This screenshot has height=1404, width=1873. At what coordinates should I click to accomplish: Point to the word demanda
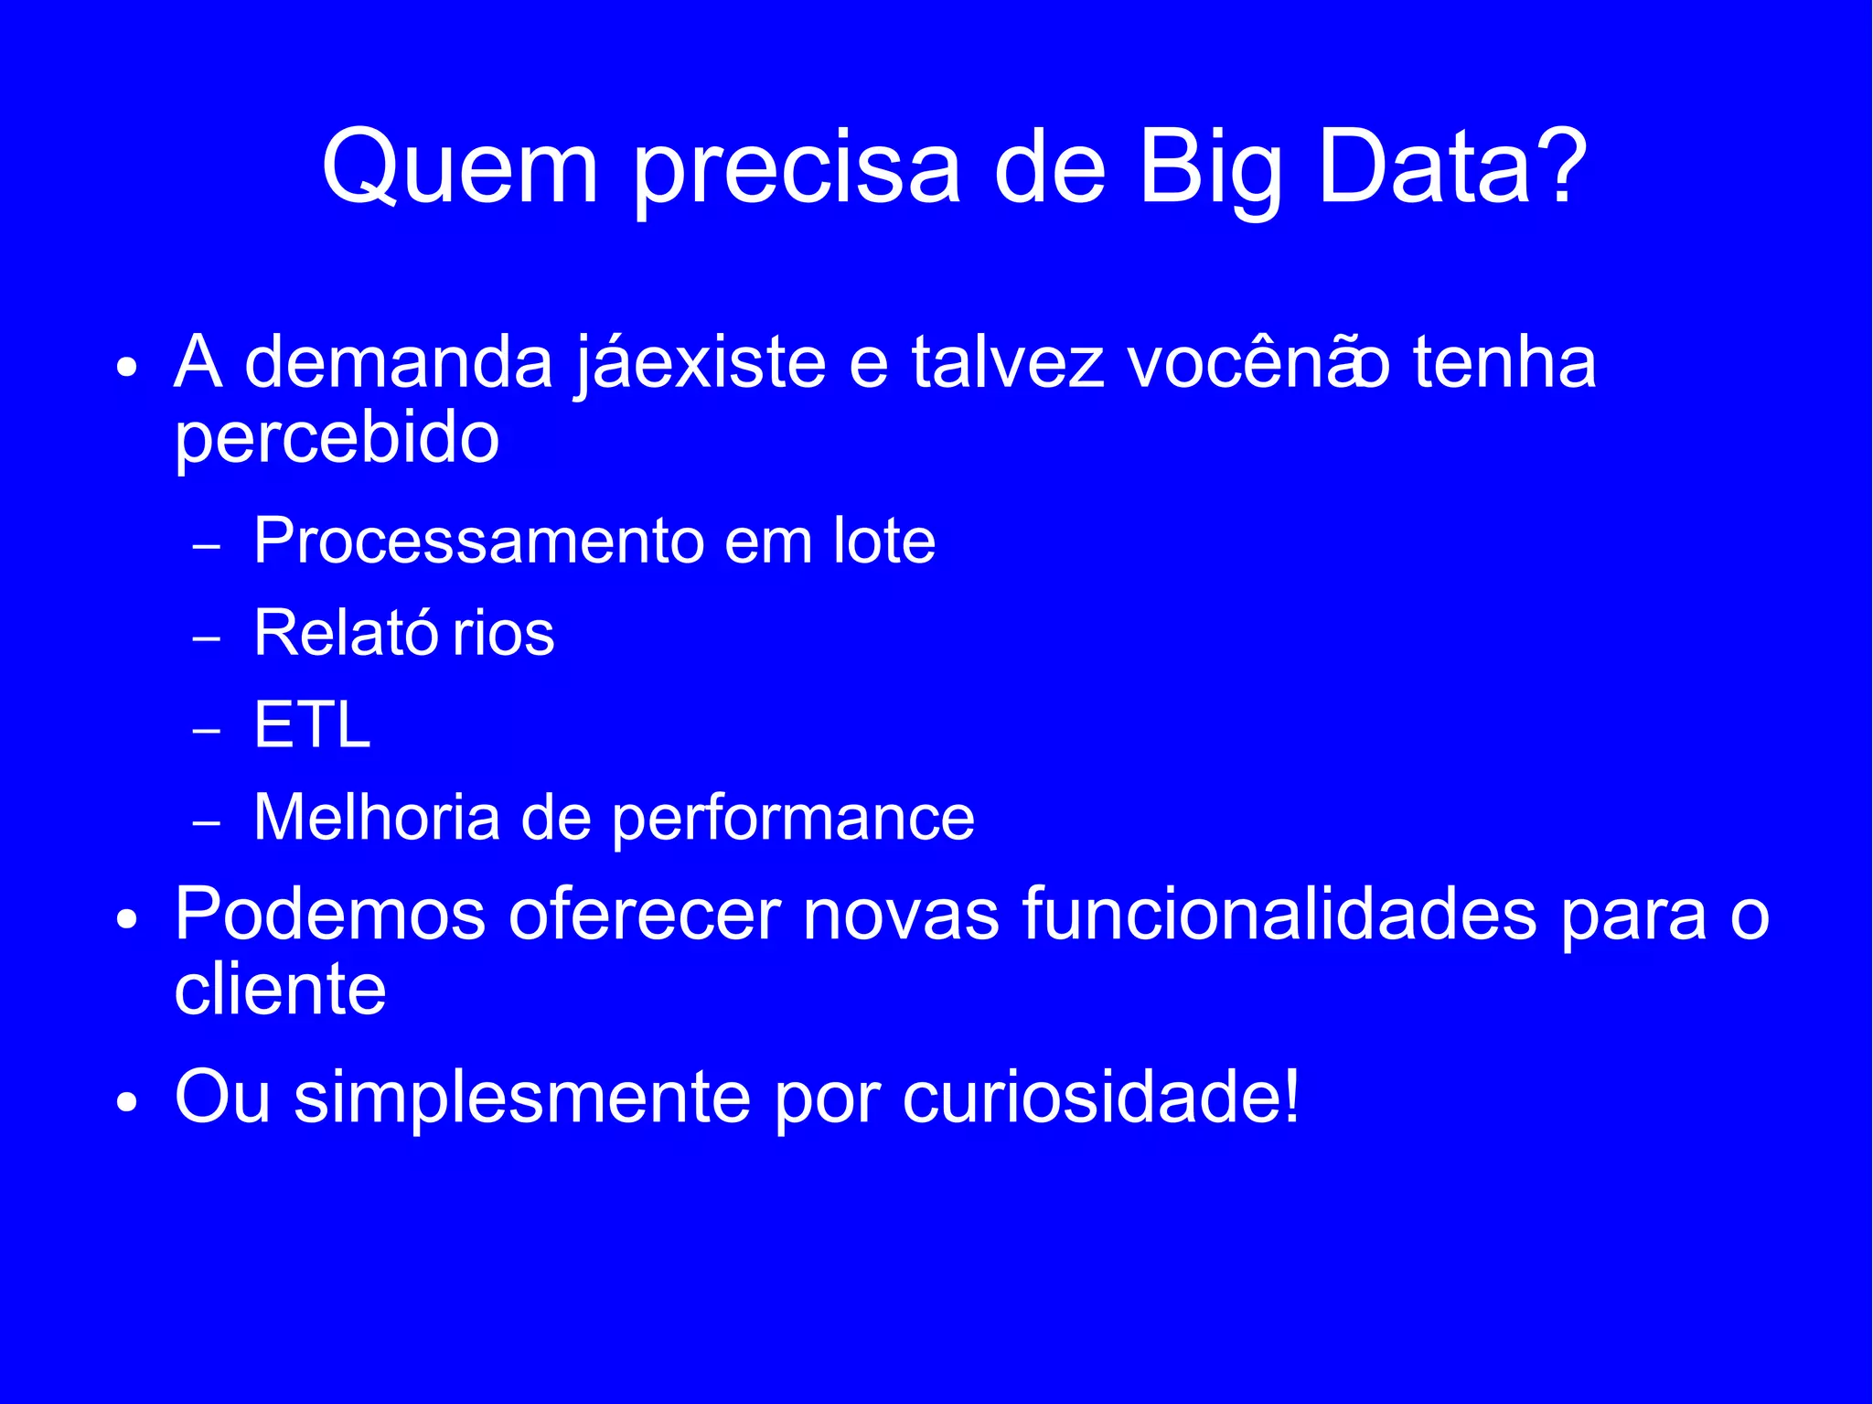[399, 362]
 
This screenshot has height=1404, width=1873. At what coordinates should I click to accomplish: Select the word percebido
[337, 440]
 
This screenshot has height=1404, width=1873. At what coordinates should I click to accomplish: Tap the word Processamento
[478, 541]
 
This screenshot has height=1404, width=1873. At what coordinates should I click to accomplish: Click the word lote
[884, 541]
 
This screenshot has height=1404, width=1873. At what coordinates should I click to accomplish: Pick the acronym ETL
[312, 725]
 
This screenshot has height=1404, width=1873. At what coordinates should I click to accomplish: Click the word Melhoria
[377, 817]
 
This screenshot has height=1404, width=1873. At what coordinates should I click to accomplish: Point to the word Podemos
[330, 914]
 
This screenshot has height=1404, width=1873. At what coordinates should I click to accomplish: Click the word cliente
[280, 990]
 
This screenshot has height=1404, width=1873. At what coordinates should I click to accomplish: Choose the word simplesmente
[522, 1097]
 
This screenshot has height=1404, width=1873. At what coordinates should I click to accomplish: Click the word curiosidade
[1092, 1097]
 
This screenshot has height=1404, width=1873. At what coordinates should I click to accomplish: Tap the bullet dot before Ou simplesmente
[127, 1102]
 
